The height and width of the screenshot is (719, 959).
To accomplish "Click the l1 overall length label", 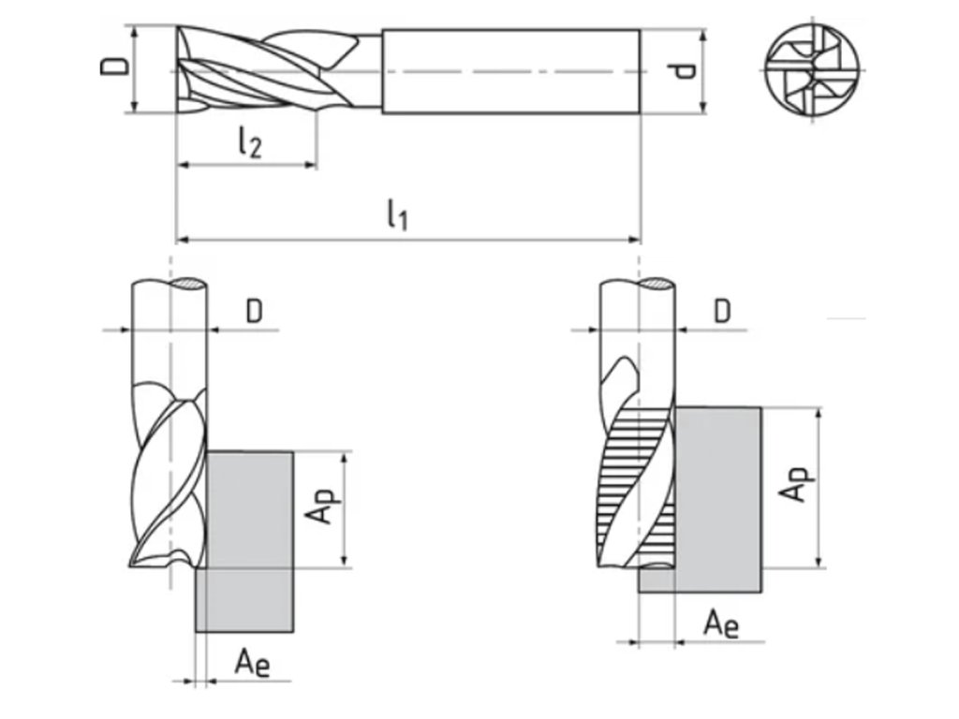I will [x=397, y=216].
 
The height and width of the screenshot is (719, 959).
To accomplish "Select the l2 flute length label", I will [x=248, y=142].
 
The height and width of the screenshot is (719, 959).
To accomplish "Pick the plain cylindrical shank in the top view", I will [x=510, y=71].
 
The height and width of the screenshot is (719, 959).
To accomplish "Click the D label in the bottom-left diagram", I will [x=255, y=312].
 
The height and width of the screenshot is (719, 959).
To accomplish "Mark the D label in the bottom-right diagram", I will [x=721, y=312].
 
